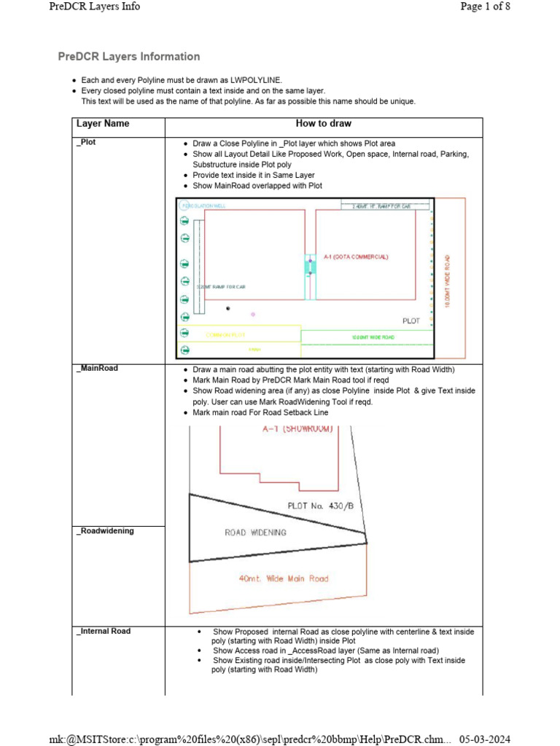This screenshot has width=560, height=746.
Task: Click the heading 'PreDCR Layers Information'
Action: click(129, 57)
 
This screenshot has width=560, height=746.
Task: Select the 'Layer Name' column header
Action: click(103, 124)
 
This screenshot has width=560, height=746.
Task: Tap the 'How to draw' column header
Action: click(323, 124)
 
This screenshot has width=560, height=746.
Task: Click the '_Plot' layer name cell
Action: click(87, 143)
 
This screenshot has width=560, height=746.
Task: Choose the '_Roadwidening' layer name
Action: click(105, 531)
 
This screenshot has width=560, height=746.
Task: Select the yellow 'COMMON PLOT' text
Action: click(226, 335)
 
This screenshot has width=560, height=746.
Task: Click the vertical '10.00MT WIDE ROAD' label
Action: click(448, 280)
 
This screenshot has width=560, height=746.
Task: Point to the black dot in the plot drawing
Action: click(228, 308)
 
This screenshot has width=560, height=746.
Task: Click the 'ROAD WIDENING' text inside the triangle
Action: click(255, 533)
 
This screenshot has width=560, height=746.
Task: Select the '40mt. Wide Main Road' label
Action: click(284, 579)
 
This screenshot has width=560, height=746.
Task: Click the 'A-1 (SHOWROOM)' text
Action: click(297, 429)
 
